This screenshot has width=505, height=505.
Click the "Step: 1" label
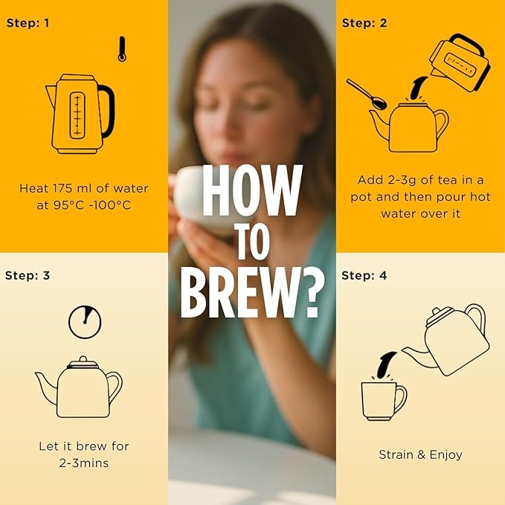click(x=28, y=23)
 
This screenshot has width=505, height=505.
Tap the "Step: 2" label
click(x=364, y=23)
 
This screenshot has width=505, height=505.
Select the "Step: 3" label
click(x=28, y=276)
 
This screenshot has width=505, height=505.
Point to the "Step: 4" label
click(x=364, y=276)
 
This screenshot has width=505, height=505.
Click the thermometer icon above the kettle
click(x=122, y=49)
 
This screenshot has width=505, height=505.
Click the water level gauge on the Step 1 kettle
click(x=77, y=115)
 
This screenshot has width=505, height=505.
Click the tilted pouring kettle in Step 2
click(x=460, y=62)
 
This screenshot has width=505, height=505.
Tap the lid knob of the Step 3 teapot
click(x=83, y=359)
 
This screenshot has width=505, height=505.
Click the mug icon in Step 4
click(x=384, y=401)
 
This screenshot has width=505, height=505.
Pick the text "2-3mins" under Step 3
click(x=84, y=463)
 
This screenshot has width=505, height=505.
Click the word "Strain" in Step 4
click(x=396, y=454)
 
